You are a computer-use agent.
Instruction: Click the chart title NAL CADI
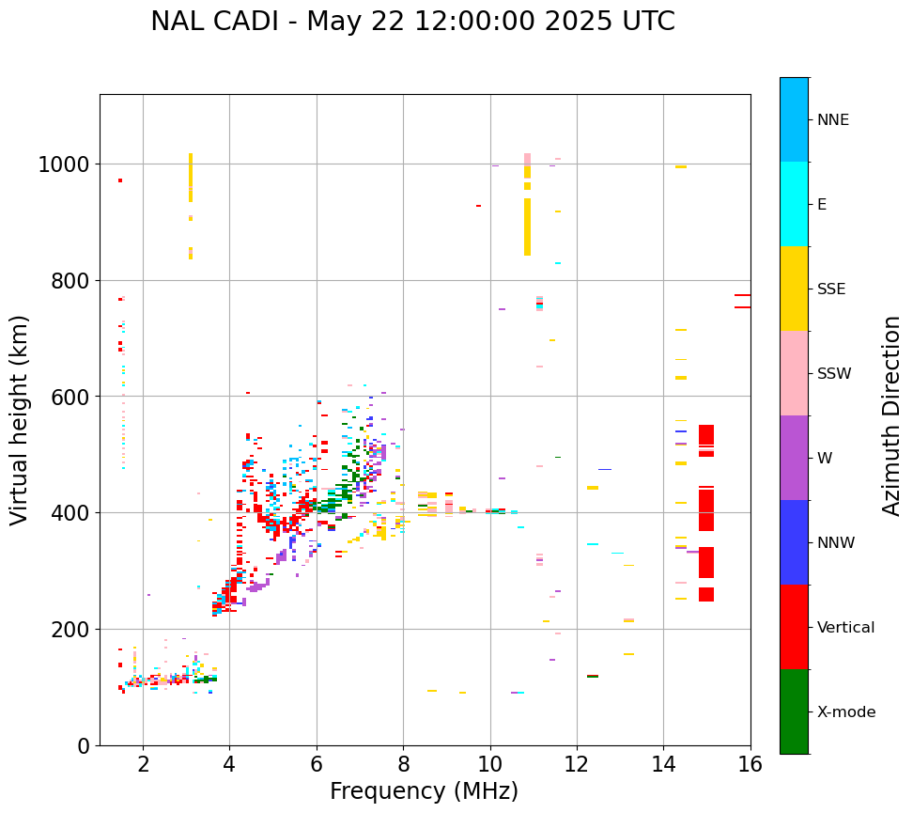pos(412,22)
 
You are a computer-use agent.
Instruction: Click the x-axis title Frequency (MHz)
pos(424,791)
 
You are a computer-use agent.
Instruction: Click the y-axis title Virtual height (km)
pos(21,420)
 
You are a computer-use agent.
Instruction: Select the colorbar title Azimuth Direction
pos(891,415)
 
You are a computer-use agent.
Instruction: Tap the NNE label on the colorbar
pos(833,119)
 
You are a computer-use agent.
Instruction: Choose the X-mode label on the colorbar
pos(845,711)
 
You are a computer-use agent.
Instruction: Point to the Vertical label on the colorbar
pos(845,627)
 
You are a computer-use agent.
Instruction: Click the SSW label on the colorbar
pos(834,373)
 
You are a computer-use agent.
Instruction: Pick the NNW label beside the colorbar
pos(835,542)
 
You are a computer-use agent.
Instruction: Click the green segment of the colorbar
pos(794,711)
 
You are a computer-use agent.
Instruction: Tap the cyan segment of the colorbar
pos(794,204)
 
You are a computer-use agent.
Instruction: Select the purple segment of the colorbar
pos(794,458)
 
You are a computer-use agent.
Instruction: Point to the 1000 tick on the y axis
pos(63,164)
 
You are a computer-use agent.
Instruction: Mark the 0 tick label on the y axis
pos(83,745)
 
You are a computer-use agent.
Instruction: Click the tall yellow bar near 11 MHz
pos(527,226)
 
